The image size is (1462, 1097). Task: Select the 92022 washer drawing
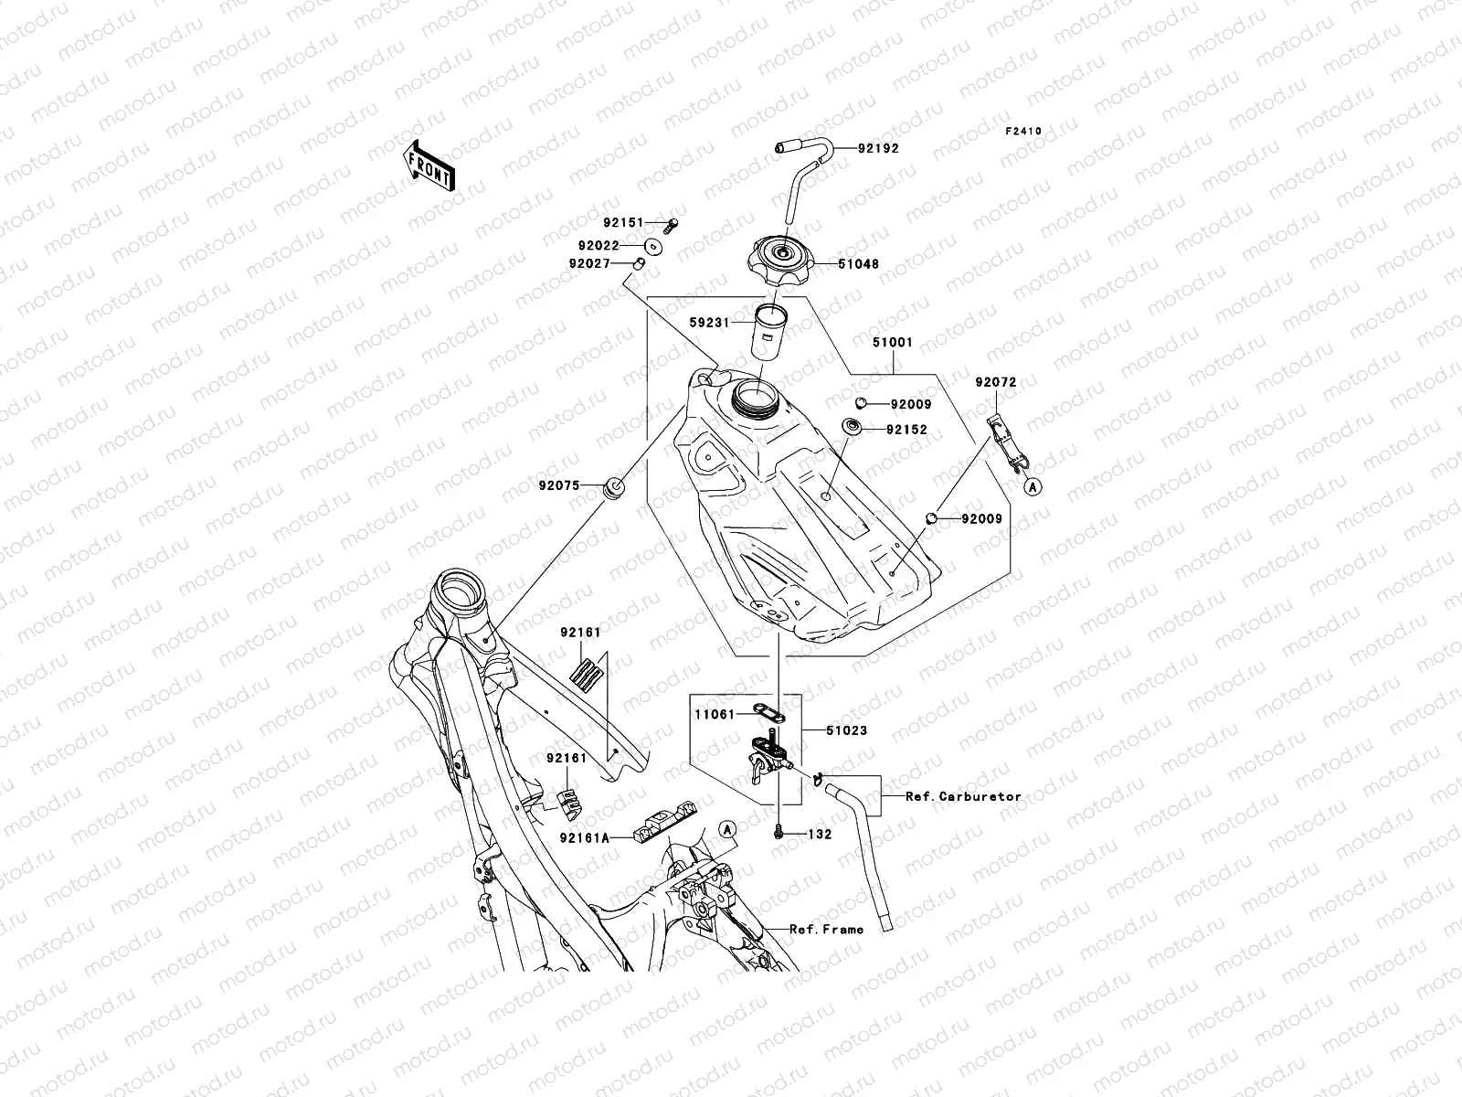click(654, 245)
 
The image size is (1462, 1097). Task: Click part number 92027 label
click(592, 264)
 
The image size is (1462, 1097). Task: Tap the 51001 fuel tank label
click(891, 342)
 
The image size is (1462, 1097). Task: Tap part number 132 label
click(820, 835)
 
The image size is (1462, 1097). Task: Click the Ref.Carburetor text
click(963, 796)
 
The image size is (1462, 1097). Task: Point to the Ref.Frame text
click(827, 930)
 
